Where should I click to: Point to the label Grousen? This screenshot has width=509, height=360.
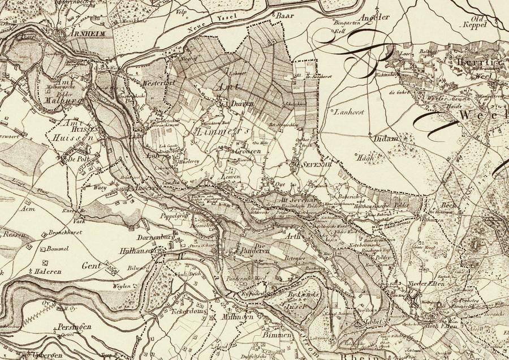pyautogui.click(x=248, y=152)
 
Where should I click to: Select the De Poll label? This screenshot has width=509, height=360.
pyautogui.click(x=79, y=160)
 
